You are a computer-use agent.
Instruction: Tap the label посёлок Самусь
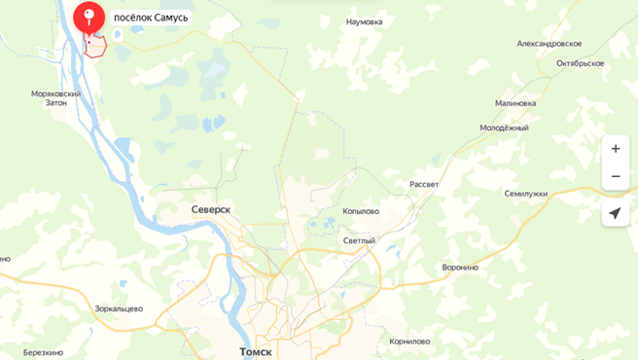pyautogui.click(x=151, y=18)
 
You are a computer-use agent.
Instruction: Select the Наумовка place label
pyautogui.click(x=364, y=21)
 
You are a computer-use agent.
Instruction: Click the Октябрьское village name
pyautogui.click(x=580, y=63)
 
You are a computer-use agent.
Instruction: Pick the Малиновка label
pyautogui.click(x=515, y=103)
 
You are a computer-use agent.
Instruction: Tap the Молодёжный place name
pyautogui.click(x=504, y=127)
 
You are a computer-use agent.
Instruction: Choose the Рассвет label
pyautogui.click(x=423, y=185)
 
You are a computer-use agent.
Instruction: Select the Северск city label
pyautogui.click(x=211, y=209)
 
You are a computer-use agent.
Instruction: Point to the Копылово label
pyautogui.click(x=361, y=211)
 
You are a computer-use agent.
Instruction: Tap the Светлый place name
pyautogui.click(x=359, y=240)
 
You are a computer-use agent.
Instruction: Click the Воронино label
pyautogui.click(x=460, y=268)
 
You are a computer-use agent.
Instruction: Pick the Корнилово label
pyautogui.click(x=409, y=342)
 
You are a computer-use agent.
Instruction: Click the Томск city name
pyautogui.click(x=256, y=351)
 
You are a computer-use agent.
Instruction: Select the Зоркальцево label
pyautogui.click(x=119, y=308)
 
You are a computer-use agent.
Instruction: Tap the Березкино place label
pyautogui.click(x=43, y=352)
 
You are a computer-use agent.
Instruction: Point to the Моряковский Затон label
pyautogui.click(x=55, y=98)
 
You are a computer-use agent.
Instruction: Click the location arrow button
pyautogui.click(x=615, y=212)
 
